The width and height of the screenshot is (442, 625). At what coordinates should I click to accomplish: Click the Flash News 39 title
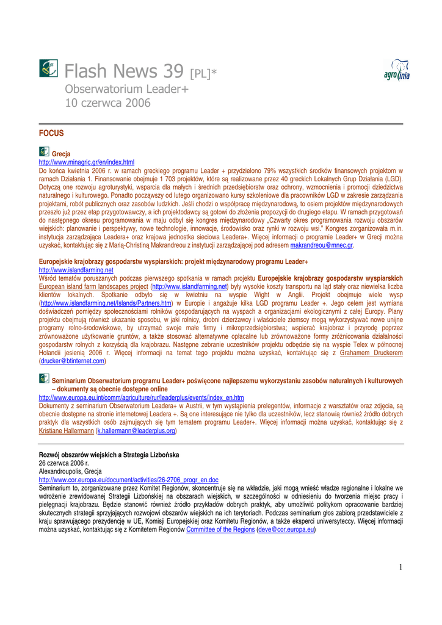[124, 72]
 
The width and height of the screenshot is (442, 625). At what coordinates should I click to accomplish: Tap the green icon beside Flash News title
[48, 68]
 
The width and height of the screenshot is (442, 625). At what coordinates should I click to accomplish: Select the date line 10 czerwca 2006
[107, 103]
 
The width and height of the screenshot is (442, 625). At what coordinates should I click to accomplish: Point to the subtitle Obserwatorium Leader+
[126, 90]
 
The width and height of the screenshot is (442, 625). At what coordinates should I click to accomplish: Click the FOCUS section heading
[51, 133]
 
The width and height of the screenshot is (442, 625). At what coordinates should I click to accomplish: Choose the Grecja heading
[61, 154]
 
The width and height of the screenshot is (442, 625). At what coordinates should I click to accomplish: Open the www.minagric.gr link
[86, 162]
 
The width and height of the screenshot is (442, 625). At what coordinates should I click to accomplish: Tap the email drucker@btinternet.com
[72, 361]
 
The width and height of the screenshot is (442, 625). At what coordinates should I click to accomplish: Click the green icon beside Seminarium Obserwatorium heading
[44, 379]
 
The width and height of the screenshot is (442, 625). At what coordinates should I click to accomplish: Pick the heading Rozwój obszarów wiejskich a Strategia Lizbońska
[109, 455]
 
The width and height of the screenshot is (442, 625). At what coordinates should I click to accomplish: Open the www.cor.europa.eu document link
[128, 480]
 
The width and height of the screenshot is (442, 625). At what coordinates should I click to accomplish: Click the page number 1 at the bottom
[400, 568]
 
